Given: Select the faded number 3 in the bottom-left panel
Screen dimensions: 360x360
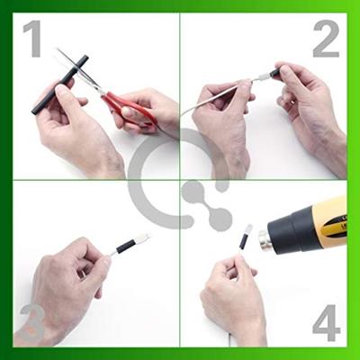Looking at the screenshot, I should pyautogui.click(x=32, y=321).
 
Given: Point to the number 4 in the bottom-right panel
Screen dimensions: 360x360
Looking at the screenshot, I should pyautogui.click(x=326, y=319).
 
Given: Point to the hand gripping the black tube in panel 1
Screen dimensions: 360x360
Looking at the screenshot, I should pyautogui.click(x=72, y=126).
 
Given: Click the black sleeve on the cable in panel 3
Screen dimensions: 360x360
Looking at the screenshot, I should pyautogui.click(x=123, y=246).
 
